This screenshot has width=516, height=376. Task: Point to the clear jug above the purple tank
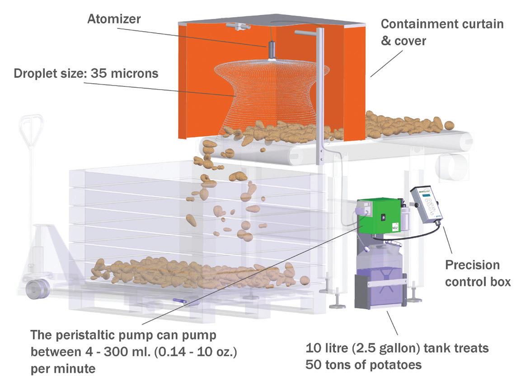tap(378, 255)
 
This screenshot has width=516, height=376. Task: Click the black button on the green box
tap(385, 217)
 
